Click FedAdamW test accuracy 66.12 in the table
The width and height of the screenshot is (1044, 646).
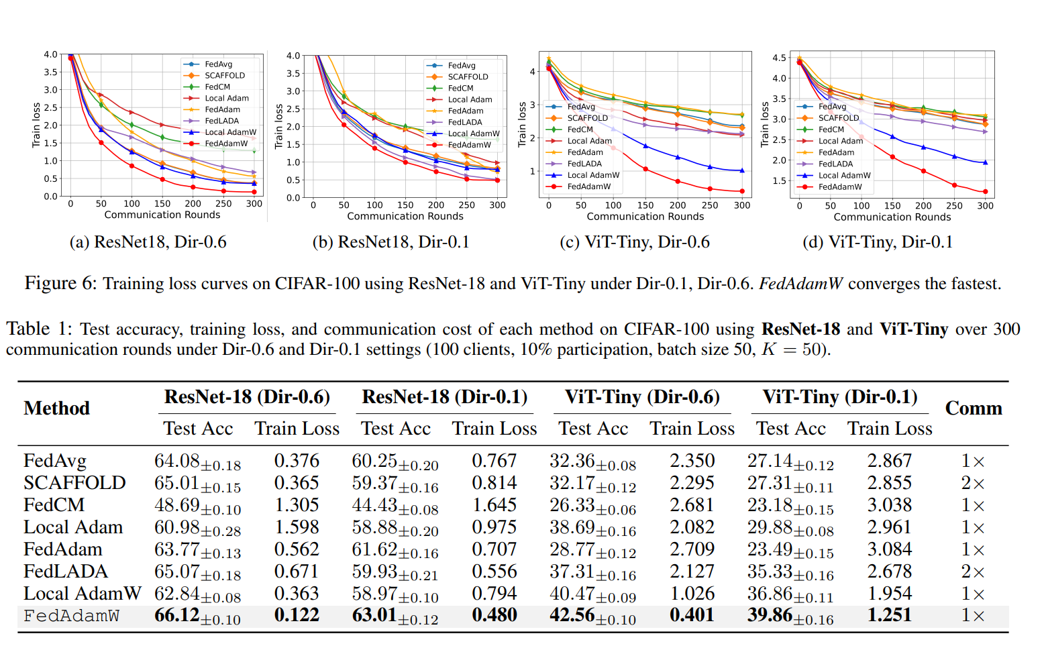(x=177, y=615)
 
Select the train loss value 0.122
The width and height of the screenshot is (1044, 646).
(x=297, y=615)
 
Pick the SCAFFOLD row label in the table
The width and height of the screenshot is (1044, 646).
(x=74, y=483)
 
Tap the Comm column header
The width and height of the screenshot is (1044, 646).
(x=974, y=408)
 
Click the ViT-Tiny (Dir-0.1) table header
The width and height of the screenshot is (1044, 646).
(x=840, y=396)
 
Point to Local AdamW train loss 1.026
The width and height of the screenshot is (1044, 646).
(x=692, y=594)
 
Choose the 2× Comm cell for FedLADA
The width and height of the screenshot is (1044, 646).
(x=973, y=572)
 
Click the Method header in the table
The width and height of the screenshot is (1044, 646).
(x=56, y=408)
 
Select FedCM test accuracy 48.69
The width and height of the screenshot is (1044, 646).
(x=177, y=505)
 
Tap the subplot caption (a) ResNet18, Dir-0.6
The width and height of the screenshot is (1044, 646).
(x=148, y=242)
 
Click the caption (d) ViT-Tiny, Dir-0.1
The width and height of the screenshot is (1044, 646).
(x=878, y=242)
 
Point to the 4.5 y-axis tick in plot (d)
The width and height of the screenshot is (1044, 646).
(x=779, y=58)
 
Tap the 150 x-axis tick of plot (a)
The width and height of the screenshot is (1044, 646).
(x=162, y=204)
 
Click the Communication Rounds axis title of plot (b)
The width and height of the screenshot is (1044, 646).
(x=405, y=216)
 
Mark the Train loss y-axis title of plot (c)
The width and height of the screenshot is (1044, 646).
(x=522, y=124)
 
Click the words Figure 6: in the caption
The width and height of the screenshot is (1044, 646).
(x=60, y=284)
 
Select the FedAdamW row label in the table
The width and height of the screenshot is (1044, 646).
(x=71, y=616)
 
